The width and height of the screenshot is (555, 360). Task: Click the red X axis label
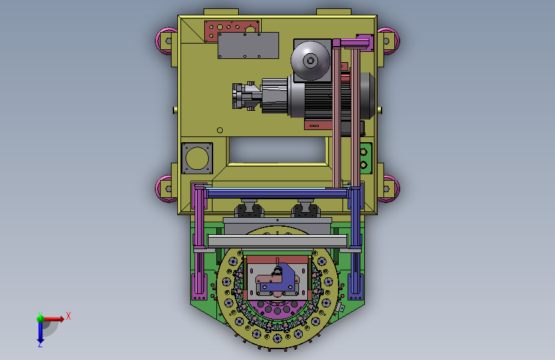[x=68, y=316]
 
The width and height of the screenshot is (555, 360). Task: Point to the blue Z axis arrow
[x=40, y=332]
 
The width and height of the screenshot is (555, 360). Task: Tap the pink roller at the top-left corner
[x=166, y=41]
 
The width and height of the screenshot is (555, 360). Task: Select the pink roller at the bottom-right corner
[x=389, y=189]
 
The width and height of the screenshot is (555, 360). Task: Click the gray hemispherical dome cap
[x=310, y=60]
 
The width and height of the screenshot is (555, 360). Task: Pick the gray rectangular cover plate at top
[x=248, y=45]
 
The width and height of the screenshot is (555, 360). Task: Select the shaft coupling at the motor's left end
[x=246, y=95]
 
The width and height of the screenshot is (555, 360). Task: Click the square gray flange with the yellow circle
[x=197, y=158]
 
